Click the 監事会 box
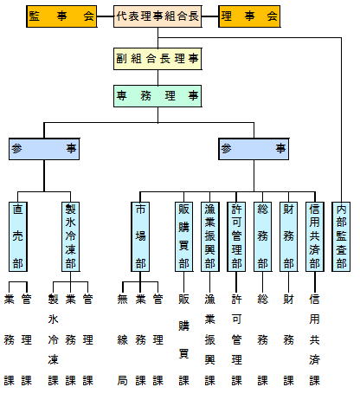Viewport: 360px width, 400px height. (61, 16)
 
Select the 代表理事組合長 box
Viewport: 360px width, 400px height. (157, 16)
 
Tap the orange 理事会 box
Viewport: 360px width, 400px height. (249, 16)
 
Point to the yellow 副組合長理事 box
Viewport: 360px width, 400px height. (157, 59)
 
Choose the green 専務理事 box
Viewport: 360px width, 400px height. (157, 96)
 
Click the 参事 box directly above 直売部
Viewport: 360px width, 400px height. (44, 149)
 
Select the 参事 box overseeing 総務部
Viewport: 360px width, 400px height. (254, 149)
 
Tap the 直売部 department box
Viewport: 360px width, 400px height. (18, 236)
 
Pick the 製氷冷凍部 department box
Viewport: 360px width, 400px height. (70, 236)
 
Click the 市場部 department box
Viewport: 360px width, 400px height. (140, 236)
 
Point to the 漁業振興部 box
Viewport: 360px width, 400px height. (210, 236)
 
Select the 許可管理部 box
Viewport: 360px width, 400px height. (236, 236)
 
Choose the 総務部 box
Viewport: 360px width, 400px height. (262, 236)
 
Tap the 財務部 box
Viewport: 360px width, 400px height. (288, 236)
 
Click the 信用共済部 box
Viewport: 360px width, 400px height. (315, 236)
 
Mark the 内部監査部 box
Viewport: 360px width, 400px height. (341, 236)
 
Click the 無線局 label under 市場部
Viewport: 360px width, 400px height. (123, 339)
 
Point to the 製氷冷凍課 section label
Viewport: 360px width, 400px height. (54, 339)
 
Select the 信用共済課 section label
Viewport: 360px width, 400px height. (315, 339)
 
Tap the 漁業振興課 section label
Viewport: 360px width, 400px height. (210, 339)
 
